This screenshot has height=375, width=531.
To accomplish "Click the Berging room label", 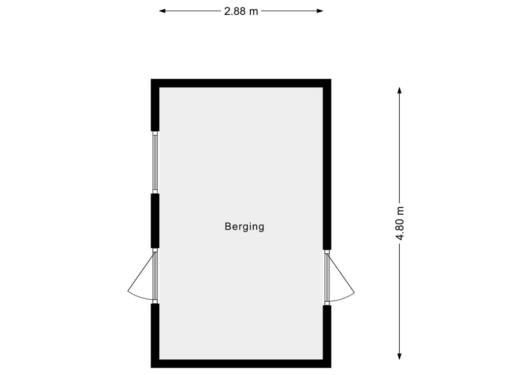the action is coord(244,227).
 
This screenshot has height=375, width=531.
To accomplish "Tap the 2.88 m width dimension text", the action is coord(241,11).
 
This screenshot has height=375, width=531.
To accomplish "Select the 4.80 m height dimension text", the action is coord(400,223).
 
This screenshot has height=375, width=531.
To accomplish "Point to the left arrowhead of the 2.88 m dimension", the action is coord(162,11).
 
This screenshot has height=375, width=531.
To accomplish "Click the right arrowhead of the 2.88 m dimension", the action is coord(320,11).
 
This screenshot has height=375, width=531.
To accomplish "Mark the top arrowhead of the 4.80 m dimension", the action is coord(400,90).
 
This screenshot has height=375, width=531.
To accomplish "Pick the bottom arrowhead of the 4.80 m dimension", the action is coord(400,356).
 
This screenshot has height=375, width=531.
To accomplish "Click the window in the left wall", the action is coord(155,163).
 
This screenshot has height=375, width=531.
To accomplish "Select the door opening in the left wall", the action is coord(155,276).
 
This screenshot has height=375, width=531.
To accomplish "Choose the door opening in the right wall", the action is coord(327,278).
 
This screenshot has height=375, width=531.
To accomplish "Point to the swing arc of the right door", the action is coord(343,298).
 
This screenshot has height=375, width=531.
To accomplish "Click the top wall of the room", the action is coord(241,83).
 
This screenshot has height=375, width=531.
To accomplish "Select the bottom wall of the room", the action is coord(241,364).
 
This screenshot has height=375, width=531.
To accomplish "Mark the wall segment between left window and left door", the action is coord(155,221).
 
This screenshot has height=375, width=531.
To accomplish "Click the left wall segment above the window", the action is coord(155,105).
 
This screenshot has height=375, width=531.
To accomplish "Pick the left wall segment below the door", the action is coord(155,335).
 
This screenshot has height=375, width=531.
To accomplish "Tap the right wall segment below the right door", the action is coord(327,336).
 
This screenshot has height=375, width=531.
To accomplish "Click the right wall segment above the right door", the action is coord(327,165).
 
